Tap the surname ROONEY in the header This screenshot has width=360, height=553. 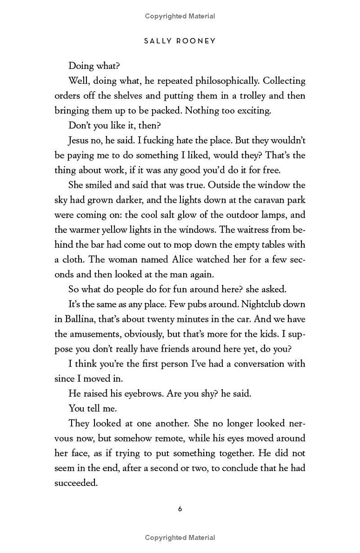196,41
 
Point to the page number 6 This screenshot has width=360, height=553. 180,509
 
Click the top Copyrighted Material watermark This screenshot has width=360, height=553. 180,16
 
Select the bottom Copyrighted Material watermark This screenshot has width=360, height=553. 180,537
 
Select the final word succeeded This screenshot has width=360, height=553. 76,482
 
